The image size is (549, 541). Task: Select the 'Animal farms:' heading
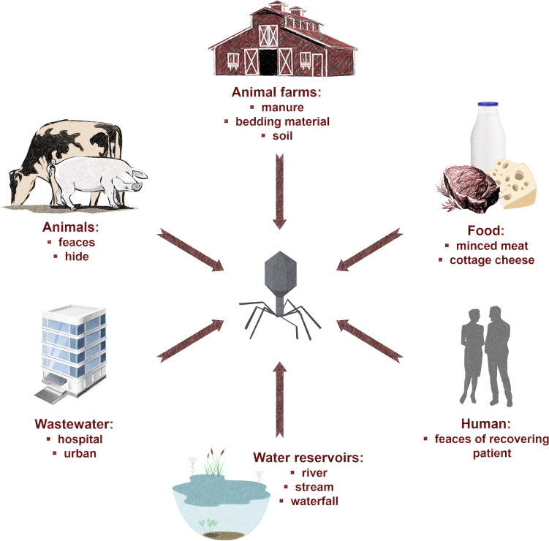point(273,93)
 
